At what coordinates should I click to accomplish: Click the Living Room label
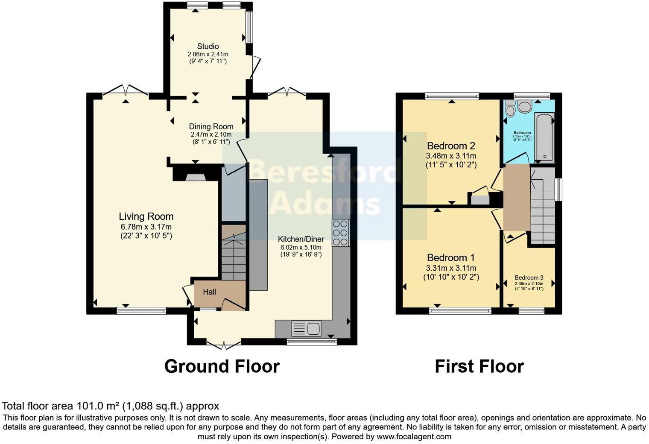click(146, 216)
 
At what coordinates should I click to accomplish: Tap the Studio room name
click(208, 46)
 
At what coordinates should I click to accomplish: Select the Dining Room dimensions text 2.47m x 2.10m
click(211, 134)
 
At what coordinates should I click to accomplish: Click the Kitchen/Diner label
click(301, 239)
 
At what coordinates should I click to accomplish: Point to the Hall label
click(209, 292)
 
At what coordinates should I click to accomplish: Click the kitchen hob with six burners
click(341, 233)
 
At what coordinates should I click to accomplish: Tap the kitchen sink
click(306, 329)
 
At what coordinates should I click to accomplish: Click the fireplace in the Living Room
click(195, 177)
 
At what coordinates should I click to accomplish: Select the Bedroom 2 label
click(451, 146)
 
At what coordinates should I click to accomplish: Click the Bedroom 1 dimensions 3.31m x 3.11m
click(451, 268)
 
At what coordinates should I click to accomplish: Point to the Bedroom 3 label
click(529, 277)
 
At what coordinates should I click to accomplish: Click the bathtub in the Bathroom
click(544, 137)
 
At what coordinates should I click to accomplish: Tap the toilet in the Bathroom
click(509, 110)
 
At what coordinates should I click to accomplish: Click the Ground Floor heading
click(222, 366)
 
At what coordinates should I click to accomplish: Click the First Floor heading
click(479, 366)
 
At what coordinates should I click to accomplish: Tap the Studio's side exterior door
click(254, 67)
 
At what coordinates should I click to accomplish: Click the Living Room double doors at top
click(126, 90)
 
